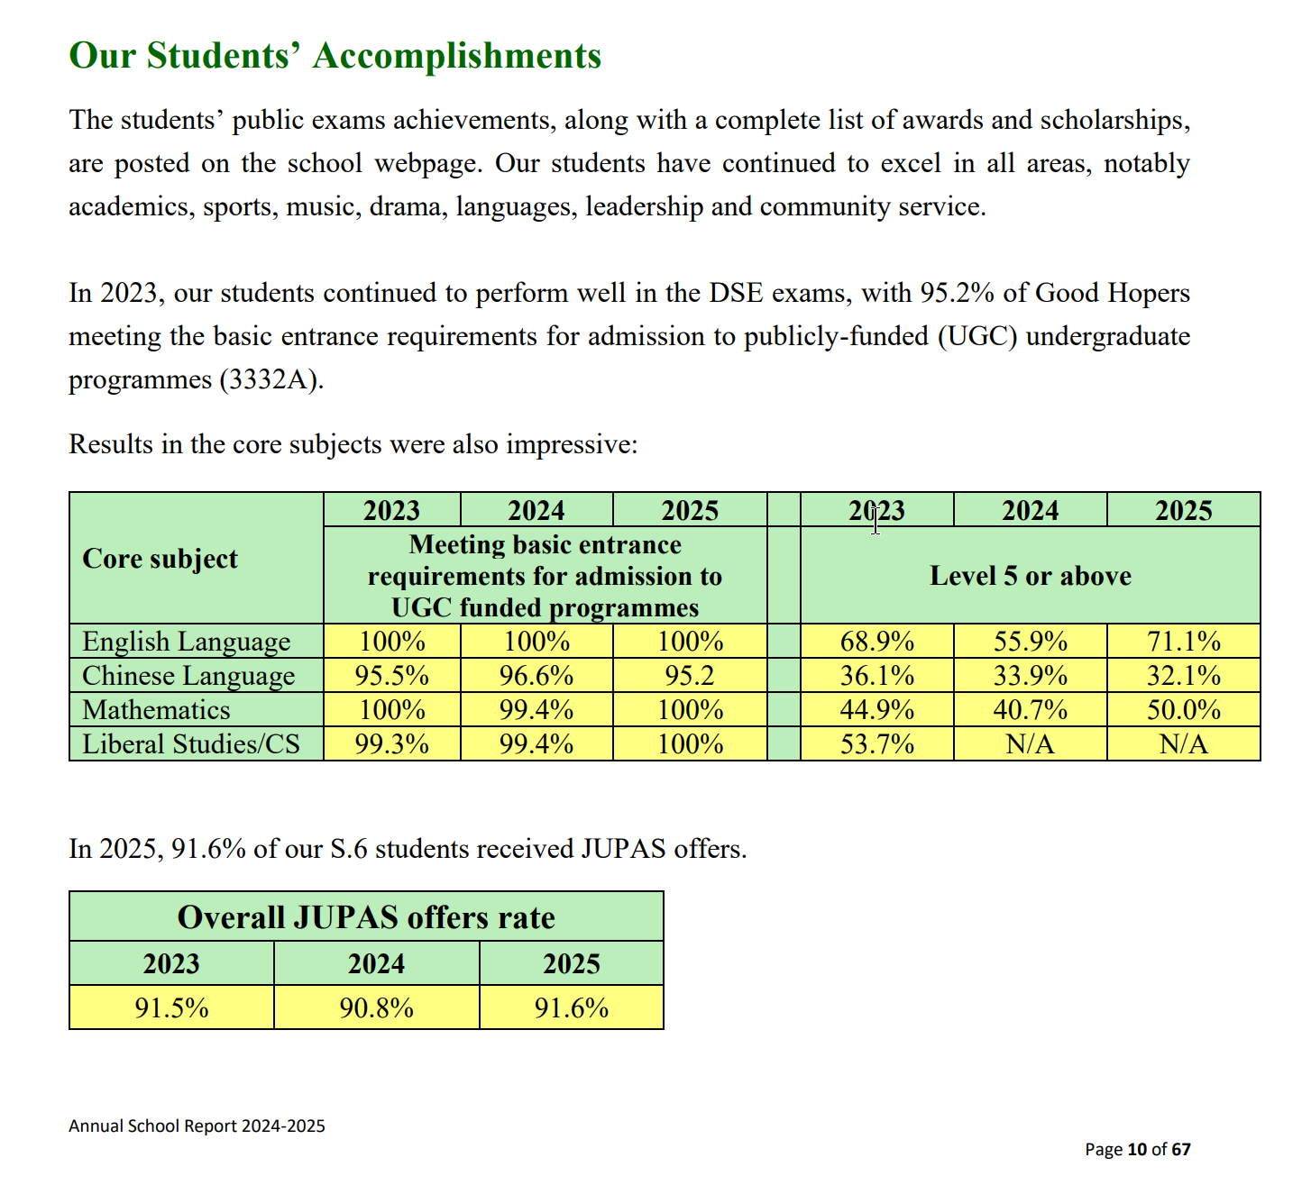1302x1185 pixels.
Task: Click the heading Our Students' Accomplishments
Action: click(335, 56)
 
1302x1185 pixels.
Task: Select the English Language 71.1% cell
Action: click(1183, 642)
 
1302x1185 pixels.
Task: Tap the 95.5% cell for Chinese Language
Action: click(391, 676)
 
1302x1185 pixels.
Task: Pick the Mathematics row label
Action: click(156, 710)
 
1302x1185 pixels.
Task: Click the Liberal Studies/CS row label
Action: click(190, 744)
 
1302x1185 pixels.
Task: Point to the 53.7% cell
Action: click(876, 744)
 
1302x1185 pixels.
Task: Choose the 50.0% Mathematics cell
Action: click(1183, 710)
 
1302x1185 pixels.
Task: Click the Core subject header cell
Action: click(160, 559)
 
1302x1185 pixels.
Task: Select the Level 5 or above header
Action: click(1030, 576)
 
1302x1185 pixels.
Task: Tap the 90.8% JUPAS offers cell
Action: click(376, 1007)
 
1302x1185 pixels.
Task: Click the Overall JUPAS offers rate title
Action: click(366, 917)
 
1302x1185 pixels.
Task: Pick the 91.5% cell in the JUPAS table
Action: click(171, 1007)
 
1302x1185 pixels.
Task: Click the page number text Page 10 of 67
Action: click(1137, 1149)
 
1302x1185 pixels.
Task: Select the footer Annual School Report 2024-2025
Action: click(197, 1126)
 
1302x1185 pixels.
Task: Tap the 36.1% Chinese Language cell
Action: click(876, 676)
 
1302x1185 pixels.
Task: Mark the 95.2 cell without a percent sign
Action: click(690, 676)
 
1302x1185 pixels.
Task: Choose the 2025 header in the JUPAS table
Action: click(571, 964)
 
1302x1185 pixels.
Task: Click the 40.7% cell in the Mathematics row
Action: click(1030, 710)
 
